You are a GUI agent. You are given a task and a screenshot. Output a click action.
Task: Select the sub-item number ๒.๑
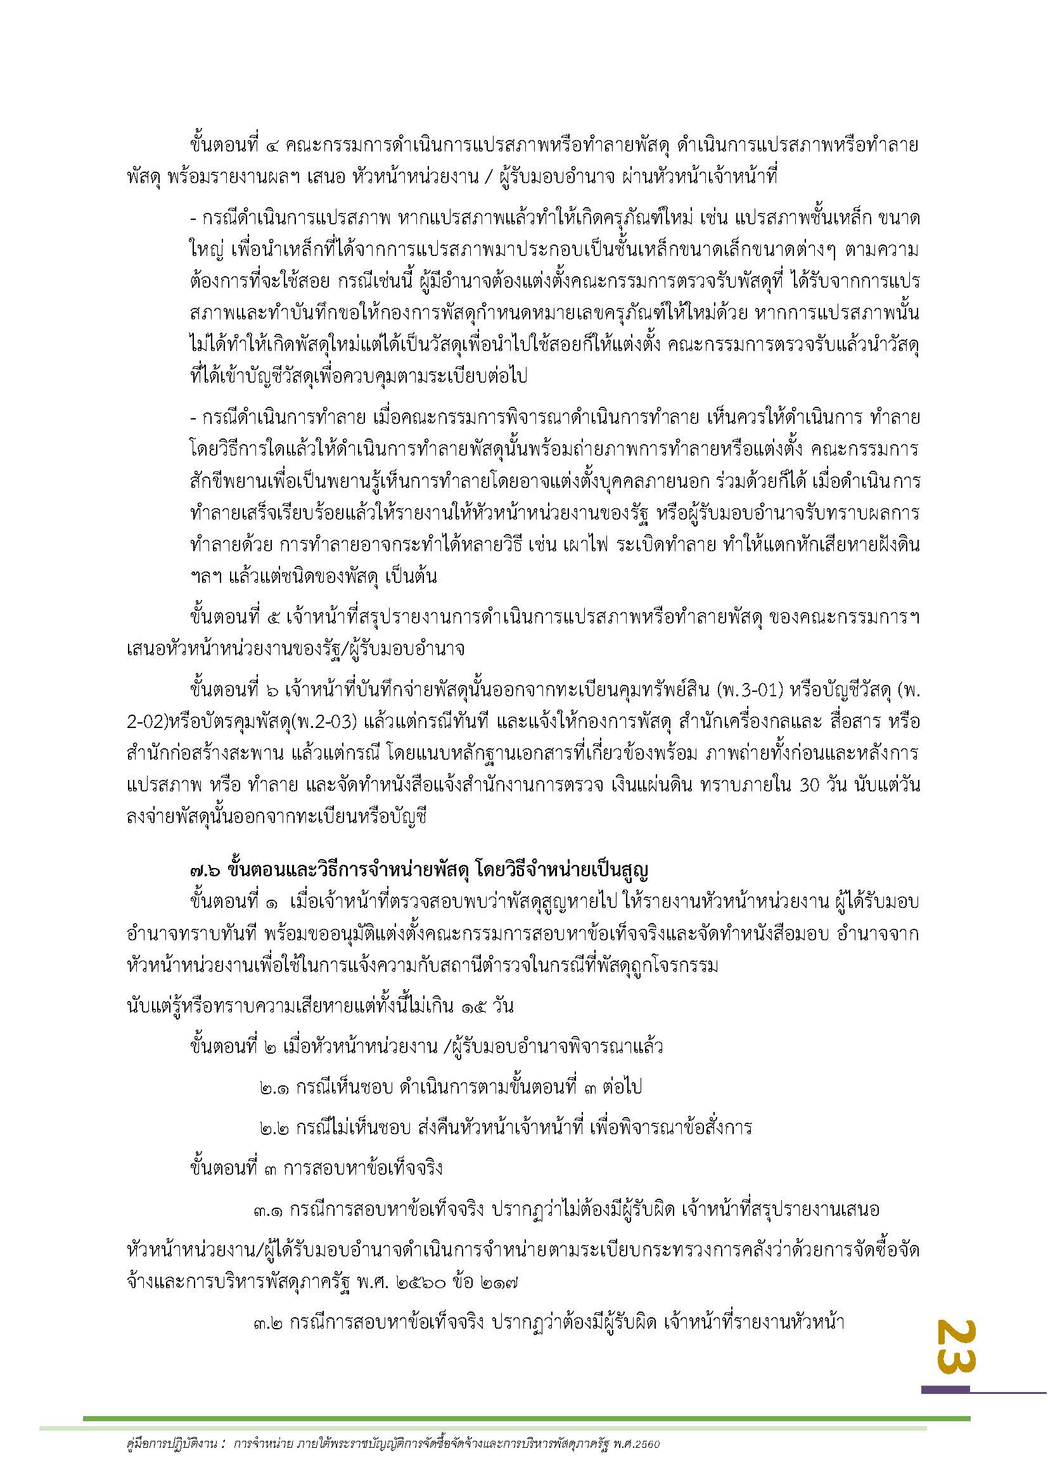point(275,1088)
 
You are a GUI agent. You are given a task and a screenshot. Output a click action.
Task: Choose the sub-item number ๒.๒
point(275,1128)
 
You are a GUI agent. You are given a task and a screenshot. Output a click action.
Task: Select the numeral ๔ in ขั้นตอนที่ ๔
point(273,146)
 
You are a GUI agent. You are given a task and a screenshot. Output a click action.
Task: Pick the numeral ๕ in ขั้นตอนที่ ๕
point(273,618)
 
